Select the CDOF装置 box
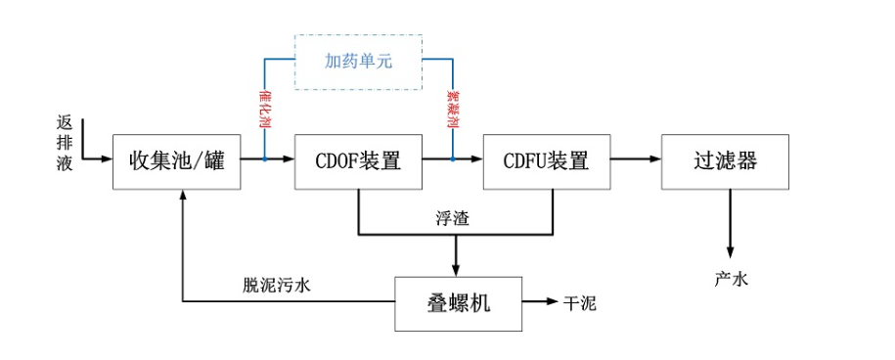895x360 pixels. pyautogui.click(x=358, y=159)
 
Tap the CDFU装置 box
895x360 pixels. pyautogui.click(x=547, y=159)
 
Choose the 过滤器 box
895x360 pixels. pyautogui.click(x=725, y=159)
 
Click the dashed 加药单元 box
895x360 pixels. pyautogui.click(x=358, y=62)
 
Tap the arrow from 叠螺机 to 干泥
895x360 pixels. pyautogui.click(x=538, y=303)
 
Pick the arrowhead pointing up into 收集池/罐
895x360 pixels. pyautogui.click(x=183, y=197)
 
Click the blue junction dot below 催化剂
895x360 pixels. pyautogui.click(x=264, y=158)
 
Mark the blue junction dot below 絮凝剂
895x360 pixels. pyautogui.click(x=453, y=158)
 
